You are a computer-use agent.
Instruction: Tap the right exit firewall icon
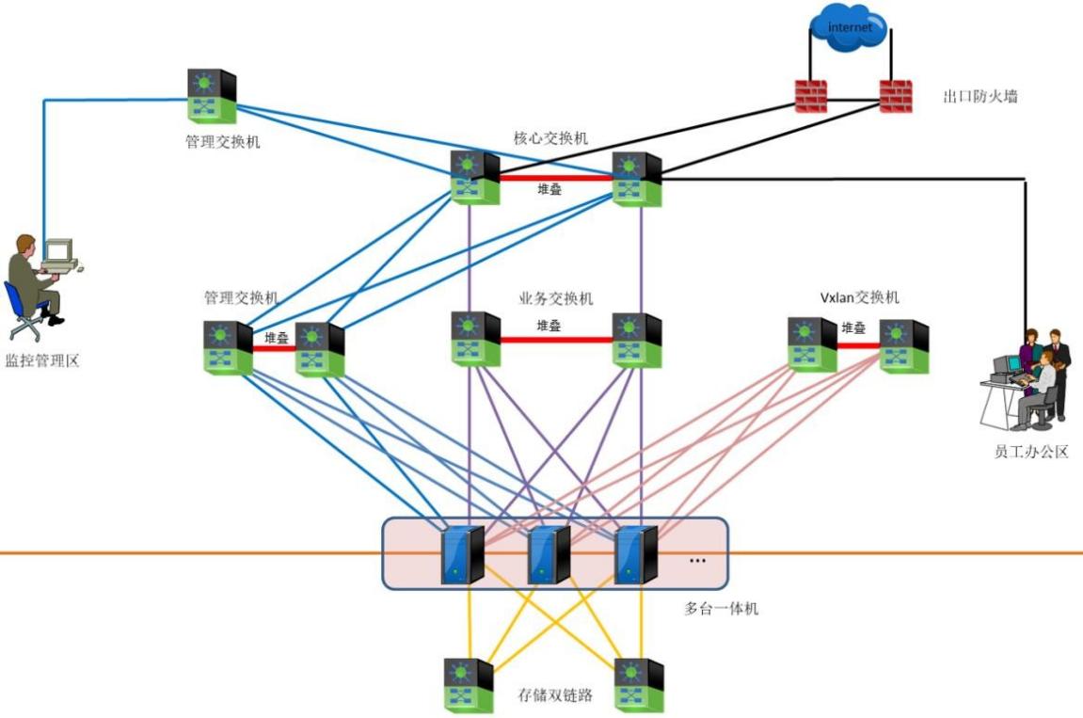click(x=896, y=96)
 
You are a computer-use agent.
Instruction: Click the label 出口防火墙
click(x=980, y=96)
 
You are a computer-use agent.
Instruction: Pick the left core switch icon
click(x=474, y=178)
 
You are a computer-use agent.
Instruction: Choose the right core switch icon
click(x=637, y=179)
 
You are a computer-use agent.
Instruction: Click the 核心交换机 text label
click(x=551, y=138)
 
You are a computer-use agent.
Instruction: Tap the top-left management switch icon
click(x=212, y=96)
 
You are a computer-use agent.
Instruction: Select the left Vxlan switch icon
click(x=812, y=344)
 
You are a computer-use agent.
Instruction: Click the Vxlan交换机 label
click(x=859, y=298)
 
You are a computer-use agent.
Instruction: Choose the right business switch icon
click(x=637, y=340)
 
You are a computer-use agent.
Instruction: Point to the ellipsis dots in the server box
click(x=697, y=561)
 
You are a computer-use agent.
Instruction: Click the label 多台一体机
click(x=721, y=609)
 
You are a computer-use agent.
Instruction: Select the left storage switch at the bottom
click(x=469, y=686)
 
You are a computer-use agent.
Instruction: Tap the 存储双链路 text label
click(x=555, y=695)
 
